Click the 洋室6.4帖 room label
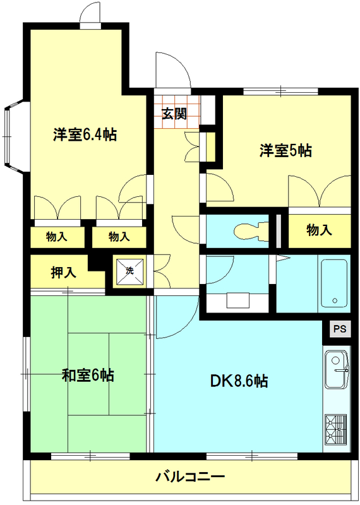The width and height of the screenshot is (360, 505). pyautogui.click(x=84, y=134)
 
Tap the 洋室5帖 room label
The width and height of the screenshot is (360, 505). pyautogui.click(x=285, y=150)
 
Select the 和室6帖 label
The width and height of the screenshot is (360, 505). pyautogui.click(x=88, y=375)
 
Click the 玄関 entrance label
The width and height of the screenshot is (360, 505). pyautogui.click(x=174, y=114)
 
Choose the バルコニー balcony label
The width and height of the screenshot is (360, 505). pyautogui.click(x=190, y=476)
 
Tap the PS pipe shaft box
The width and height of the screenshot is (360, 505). pyautogui.click(x=339, y=329)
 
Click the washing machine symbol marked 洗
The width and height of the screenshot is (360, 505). pyautogui.click(x=129, y=271)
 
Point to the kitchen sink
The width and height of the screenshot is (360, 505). pyautogui.click(x=336, y=372)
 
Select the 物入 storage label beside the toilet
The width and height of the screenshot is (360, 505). pyautogui.click(x=319, y=230)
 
